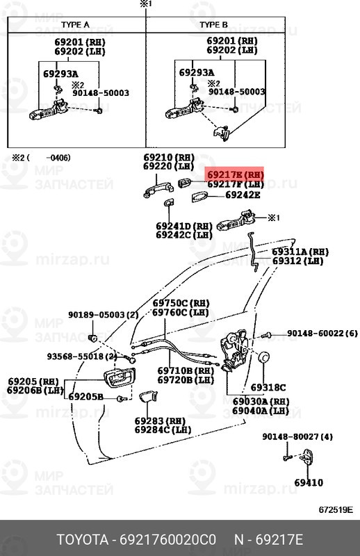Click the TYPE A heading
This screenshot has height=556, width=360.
pos(76,24)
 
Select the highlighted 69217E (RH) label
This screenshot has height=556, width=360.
pos(235,174)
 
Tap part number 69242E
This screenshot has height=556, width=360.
pos(243,195)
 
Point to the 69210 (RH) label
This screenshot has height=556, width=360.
pos(170,158)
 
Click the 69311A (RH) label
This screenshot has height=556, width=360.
pos(300,252)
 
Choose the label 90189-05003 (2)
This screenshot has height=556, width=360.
pos(103,314)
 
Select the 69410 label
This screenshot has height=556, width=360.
pos(308,482)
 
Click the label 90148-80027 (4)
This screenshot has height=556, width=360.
pos(298,436)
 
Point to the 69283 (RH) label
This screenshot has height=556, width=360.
pos(160,420)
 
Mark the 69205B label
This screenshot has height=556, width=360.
pos(85,397)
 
